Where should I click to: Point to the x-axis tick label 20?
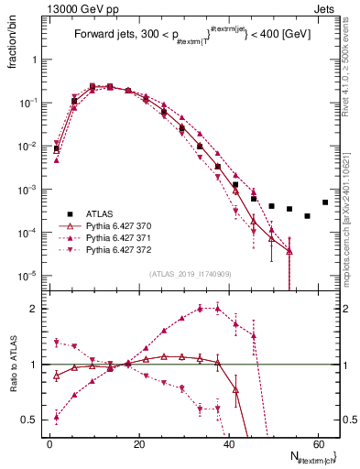pos(139,443)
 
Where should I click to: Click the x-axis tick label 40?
pos(229,443)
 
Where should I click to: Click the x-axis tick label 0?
pos(49,443)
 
